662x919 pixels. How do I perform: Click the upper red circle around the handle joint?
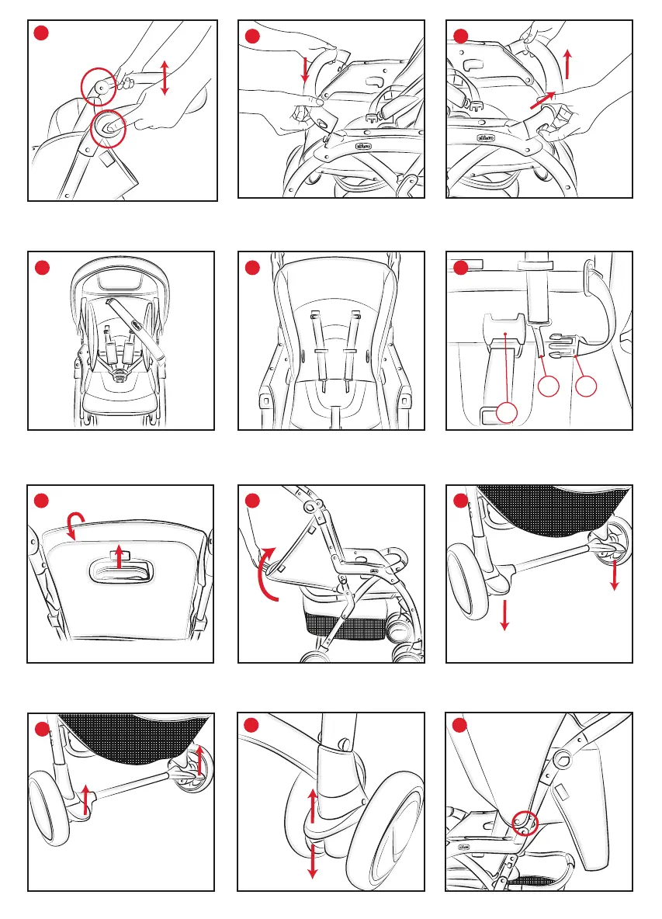click(99, 88)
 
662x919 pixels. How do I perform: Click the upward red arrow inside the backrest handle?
click(118, 557)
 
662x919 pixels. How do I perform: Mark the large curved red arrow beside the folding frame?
click(264, 574)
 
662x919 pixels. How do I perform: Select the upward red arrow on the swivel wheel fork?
click(313, 806)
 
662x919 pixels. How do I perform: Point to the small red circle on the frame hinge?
click(525, 823)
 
